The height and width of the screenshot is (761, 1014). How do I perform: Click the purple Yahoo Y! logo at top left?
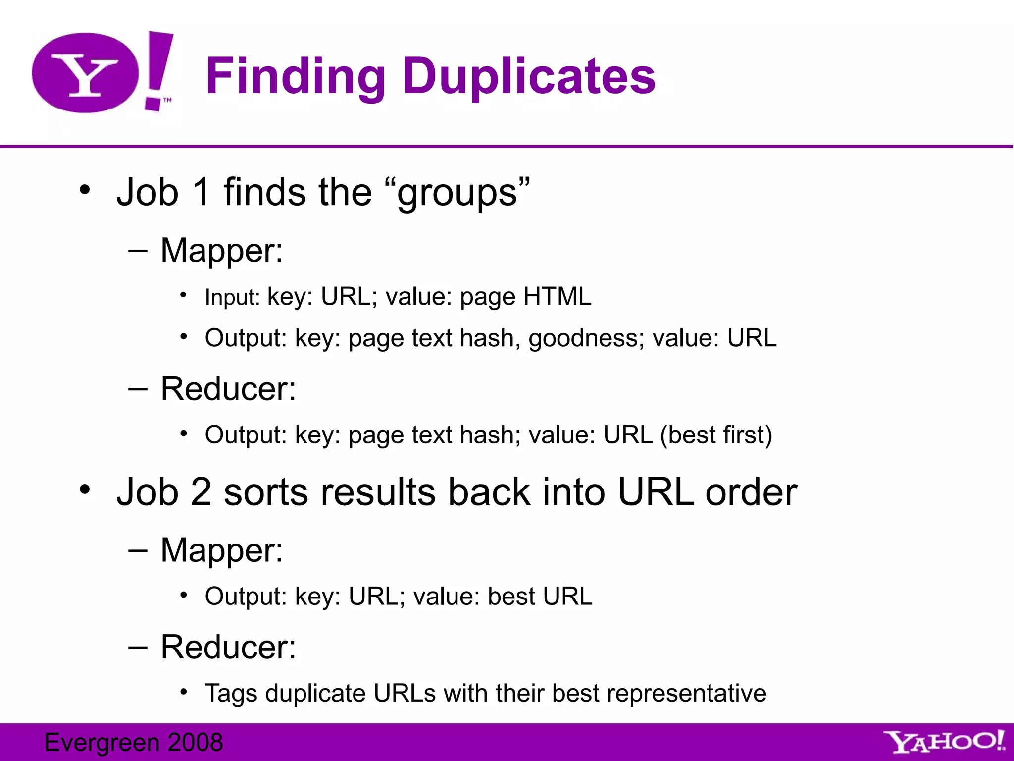click(x=101, y=72)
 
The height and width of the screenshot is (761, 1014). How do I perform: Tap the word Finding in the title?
click(x=295, y=76)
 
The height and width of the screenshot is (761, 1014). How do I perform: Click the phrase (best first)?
click(x=716, y=435)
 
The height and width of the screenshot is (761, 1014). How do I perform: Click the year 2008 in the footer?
click(x=195, y=742)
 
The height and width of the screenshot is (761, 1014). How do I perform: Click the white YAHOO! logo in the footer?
click(x=945, y=742)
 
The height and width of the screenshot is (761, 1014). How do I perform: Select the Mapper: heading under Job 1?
click(x=221, y=250)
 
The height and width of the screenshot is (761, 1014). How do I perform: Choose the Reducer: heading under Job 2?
click(x=228, y=647)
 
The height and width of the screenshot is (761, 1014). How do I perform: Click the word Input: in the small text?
click(x=232, y=297)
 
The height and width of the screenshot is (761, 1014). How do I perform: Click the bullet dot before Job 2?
click(x=85, y=489)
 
